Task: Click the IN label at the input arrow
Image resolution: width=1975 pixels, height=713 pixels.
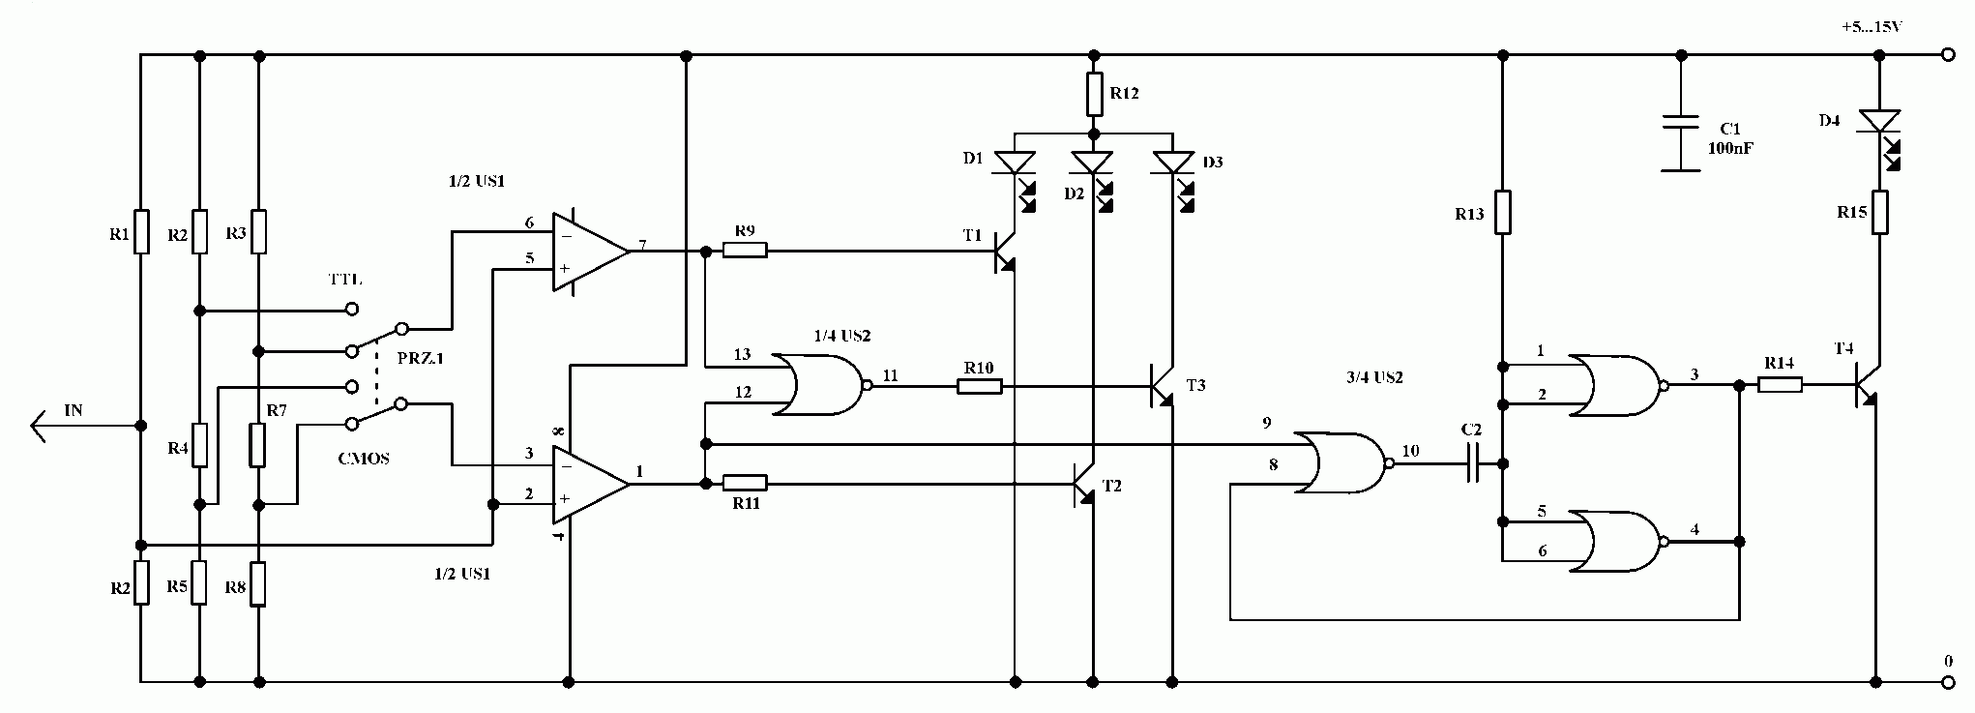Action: [74, 410]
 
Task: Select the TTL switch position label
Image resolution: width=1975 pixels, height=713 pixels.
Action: [345, 280]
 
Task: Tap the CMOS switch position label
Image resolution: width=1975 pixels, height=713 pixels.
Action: [364, 459]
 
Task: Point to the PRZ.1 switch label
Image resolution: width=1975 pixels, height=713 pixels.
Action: [421, 358]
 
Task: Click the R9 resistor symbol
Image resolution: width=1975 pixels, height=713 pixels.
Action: [746, 251]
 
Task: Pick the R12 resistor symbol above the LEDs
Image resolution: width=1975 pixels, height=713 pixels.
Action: [1094, 94]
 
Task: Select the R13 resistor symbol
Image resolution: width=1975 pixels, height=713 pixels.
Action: [1502, 213]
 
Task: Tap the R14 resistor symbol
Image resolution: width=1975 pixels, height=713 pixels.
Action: [1780, 385]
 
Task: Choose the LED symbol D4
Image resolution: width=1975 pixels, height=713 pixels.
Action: [1881, 135]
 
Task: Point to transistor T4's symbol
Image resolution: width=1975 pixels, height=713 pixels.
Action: [1865, 385]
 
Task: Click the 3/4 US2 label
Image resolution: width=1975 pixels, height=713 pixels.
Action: [1373, 377]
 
